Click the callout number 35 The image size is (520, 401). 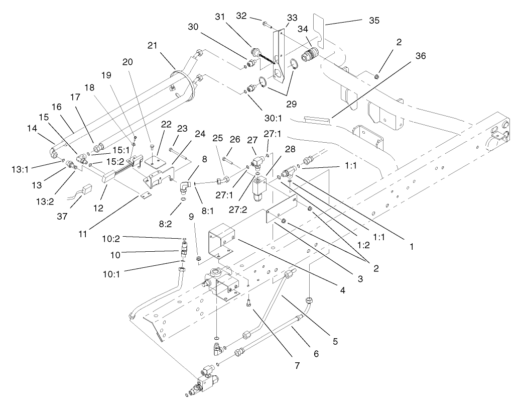[x=374, y=21]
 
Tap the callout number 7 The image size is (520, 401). [x=297, y=365]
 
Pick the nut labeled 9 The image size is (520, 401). [x=198, y=259]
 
